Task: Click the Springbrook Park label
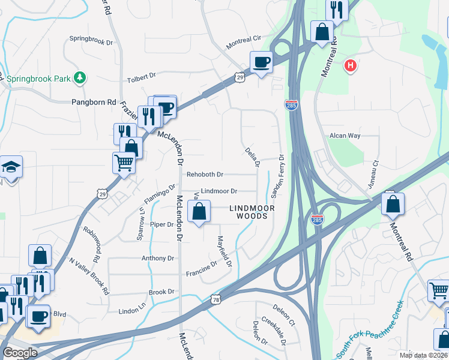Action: point(35,78)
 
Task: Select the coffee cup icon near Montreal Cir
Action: point(261,62)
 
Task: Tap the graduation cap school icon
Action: point(11,166)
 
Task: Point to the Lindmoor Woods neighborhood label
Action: point(252,212)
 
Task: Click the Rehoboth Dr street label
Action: point(205,175)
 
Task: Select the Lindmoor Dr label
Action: point(219,191)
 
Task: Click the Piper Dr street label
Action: point(161,224)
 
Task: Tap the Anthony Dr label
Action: point(157,259)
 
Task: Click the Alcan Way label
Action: point(345,136)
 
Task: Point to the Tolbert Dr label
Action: point(141,77)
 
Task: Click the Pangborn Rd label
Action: point(94,103)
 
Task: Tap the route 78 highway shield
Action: point(216,298)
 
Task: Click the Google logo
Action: point(20,353)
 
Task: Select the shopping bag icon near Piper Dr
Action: point(199,211)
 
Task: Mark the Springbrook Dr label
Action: point(91,41)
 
